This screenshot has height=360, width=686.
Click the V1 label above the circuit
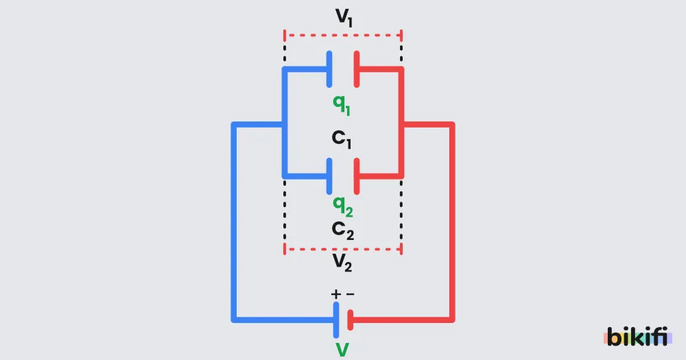pos(344,18)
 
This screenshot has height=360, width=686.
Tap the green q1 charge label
pos(342,105)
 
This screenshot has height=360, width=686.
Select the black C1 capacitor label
pos(342,139)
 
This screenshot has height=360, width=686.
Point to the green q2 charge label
pos(342,206)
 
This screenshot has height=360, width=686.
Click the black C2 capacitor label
pos(342,230)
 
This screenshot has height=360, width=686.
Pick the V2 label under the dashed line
pos(342,263)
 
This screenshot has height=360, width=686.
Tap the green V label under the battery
pos(342,350)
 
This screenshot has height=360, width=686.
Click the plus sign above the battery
pos(335,294)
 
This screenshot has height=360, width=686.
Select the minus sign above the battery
pos(350,294)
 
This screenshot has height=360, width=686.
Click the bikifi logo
pos(637,337)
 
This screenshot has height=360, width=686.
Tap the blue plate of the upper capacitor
pos(329,69)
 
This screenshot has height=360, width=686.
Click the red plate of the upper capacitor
pos(357,69)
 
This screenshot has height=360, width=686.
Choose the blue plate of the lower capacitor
pos(329,176)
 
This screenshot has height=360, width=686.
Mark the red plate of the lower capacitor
pos(357,176)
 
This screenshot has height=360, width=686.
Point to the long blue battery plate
pos(336,320)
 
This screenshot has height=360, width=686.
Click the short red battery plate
pos(350,320)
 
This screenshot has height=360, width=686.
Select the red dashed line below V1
pos(343,35)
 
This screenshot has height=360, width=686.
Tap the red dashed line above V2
pos(343,250)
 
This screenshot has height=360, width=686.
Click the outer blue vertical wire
pos(234,222)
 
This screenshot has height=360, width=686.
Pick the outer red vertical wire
pos(452,222)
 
